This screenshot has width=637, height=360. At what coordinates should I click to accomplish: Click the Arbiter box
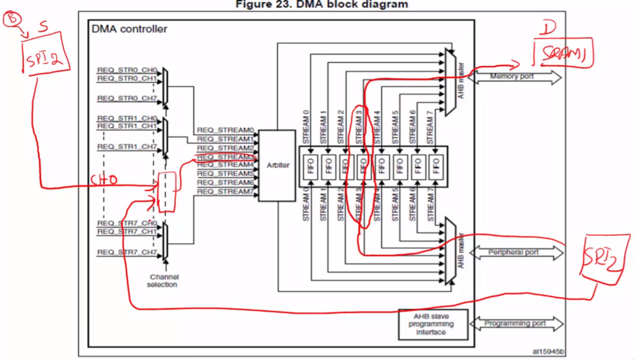click(x=276, y=165)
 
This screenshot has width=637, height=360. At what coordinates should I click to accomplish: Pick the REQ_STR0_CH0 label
click(x=128, y=70)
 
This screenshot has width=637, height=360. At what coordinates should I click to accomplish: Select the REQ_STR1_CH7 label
click(x=128, y=147)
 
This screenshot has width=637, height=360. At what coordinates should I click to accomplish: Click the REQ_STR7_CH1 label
click(x=128, y=231)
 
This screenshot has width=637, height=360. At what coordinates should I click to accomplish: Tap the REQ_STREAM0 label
click(x=225, y=130)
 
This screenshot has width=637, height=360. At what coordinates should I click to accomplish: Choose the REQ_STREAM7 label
click(x=225, y=191)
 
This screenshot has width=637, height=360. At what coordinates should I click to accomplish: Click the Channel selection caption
click(x=162, y=280)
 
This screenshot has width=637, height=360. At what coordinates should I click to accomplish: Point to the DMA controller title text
click(x=129, y=29)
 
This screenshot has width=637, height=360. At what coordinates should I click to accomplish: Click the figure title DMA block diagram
click(x=322, y=4)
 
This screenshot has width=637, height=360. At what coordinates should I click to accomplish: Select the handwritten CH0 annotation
click(x=104, y=181)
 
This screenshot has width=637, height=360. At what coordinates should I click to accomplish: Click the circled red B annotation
click(x=12, y=20)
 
